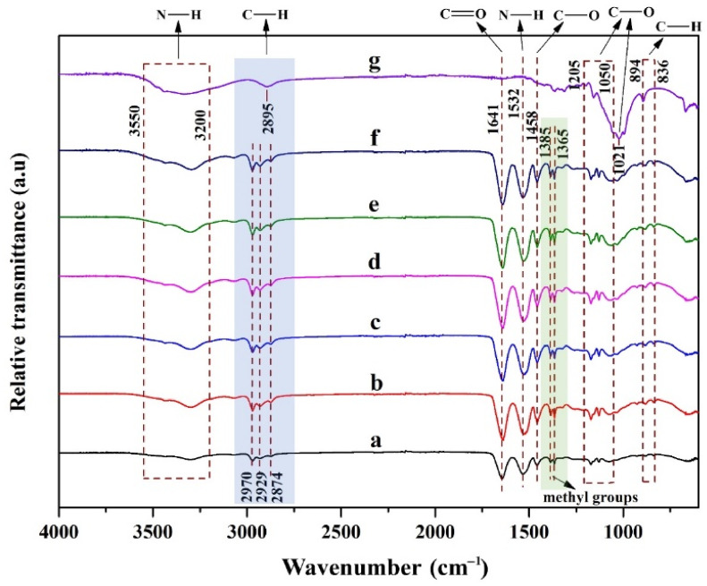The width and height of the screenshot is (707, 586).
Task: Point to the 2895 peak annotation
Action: click(x=267, y=117)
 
